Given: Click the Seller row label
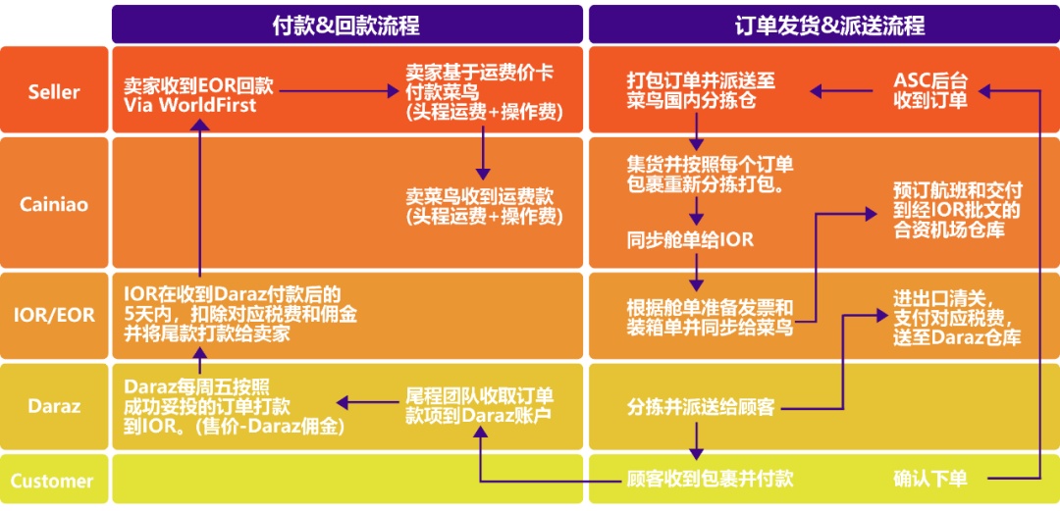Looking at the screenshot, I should click(54, 91).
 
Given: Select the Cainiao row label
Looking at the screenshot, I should click(54, 204).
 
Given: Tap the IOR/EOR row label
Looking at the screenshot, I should click(54, 315).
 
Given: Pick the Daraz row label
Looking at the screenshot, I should click(54, 405).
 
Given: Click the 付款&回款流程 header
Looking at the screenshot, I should click(345, 25).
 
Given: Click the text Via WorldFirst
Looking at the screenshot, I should click(190, 105).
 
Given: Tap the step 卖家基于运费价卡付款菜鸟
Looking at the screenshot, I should click(482, 93).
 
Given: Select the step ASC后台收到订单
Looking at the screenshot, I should click(929, 90).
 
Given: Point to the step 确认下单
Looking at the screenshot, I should click(929, 480).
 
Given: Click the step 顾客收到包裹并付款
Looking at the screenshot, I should click(710, 480).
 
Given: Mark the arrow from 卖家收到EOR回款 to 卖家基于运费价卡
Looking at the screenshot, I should click(338, 91).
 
